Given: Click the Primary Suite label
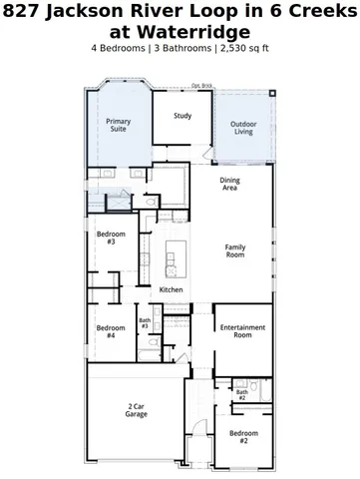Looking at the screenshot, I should tap(119, 125).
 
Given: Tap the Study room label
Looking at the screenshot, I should tap(182, 116).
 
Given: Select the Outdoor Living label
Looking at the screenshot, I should tap(243, 127).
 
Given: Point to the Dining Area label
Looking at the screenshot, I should tap(229, 184).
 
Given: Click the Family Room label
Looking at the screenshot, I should tap(235, 250).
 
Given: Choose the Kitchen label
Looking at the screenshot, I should tap(172, 289).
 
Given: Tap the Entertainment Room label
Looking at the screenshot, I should tap(242, 331).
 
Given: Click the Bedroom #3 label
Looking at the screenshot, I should tap(110, 238).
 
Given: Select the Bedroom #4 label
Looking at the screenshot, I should tap(108, 331).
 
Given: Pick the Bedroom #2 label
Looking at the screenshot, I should tap(243, 436).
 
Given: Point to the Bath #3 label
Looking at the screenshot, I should tap(145, 323).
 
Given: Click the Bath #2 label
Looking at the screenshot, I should tap(241, 395).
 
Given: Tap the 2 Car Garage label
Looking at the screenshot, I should tap(137, 409).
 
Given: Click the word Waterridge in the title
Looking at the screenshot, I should tap(180, 31).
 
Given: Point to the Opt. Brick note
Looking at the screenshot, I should tap(202, 86).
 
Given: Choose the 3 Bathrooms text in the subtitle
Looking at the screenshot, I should tap(179, 48).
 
